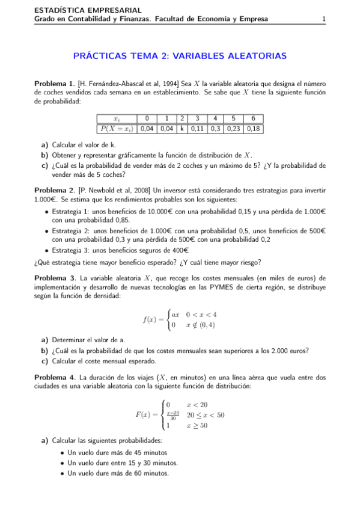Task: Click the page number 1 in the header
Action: point(324,19)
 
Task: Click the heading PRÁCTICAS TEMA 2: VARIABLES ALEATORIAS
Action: point(180,56)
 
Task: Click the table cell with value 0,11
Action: point(197,128)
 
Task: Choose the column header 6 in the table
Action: point(254,118)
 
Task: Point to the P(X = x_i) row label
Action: point(117,128)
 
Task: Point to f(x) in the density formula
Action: point(150,319)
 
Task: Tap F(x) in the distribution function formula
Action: point(144,415)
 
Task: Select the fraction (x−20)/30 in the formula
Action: point(173,415)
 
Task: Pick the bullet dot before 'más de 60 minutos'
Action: point(63,473)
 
